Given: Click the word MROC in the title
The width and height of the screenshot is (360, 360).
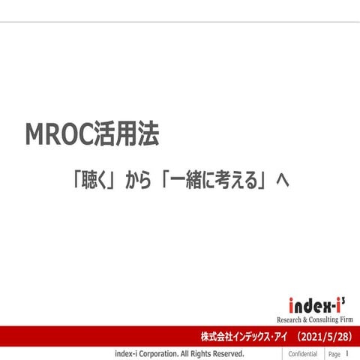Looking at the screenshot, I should click(59, 135).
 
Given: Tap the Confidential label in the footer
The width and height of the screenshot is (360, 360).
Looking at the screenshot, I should click(302, 353).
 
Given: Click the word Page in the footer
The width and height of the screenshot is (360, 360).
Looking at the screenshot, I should click(334, 353).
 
